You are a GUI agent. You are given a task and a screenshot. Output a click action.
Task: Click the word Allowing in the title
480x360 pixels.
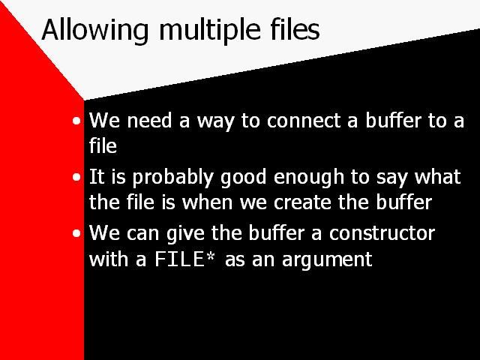tap(95, 31)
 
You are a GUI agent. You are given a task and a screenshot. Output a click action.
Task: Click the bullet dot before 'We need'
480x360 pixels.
tap(76, 121)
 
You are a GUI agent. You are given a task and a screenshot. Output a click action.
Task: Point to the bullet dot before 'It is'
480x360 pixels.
tap(76, 177)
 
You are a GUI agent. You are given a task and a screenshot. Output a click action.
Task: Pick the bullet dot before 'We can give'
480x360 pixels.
tap(76, 233)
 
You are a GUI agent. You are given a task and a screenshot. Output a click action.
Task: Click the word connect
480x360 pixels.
tap(304, 120)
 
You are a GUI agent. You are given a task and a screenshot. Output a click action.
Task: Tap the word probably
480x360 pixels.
tap(172, 178)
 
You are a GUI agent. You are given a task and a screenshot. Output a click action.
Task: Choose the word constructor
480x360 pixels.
tap(382, 233)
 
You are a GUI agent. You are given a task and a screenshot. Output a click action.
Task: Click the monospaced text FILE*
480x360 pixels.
tap(185, 259)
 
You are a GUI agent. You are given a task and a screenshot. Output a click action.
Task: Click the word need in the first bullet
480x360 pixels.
tap(149, 120)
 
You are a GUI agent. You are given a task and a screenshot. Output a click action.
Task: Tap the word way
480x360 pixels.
tap(215, 121)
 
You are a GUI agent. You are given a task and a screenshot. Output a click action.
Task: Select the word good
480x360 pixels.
tap(243, 178)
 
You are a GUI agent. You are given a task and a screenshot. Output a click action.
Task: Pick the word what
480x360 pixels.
tap(437, 177)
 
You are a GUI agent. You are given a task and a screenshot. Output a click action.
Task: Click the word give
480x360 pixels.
tap(185, 234)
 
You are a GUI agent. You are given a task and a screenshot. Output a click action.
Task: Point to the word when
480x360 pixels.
tap(207, 202)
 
